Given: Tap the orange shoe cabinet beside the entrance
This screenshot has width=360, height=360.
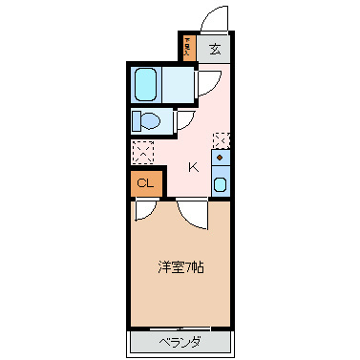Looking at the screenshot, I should (189, 48).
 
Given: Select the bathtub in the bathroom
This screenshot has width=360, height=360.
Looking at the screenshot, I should (146, 85).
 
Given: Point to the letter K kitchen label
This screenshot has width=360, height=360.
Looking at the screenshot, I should (193, 167).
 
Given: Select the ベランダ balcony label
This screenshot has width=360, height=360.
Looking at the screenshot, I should (180, 341).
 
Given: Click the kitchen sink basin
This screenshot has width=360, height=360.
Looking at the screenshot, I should (221, 184).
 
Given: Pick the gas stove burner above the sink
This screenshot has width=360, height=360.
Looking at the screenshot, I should (221, 157).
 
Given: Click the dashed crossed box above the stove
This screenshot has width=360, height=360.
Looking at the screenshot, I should (222, 139).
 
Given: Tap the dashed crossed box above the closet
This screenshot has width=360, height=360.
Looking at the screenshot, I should (144, 152).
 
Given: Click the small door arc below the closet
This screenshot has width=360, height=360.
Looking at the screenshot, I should (143, 209).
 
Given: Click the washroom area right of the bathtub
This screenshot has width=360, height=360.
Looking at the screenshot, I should (181, 86).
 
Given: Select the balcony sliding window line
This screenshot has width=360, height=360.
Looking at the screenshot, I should (180, 328).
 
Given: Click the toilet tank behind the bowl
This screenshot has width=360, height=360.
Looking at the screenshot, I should (136, 121).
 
